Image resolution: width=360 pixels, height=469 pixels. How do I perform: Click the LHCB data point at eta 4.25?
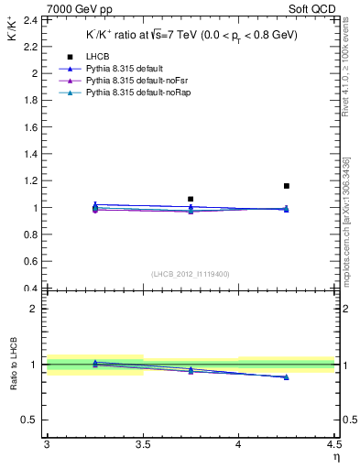(287, 186)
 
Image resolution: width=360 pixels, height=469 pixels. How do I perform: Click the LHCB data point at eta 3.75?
(191, 199)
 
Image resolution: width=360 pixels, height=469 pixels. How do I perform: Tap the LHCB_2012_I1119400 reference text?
(191, 274)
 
